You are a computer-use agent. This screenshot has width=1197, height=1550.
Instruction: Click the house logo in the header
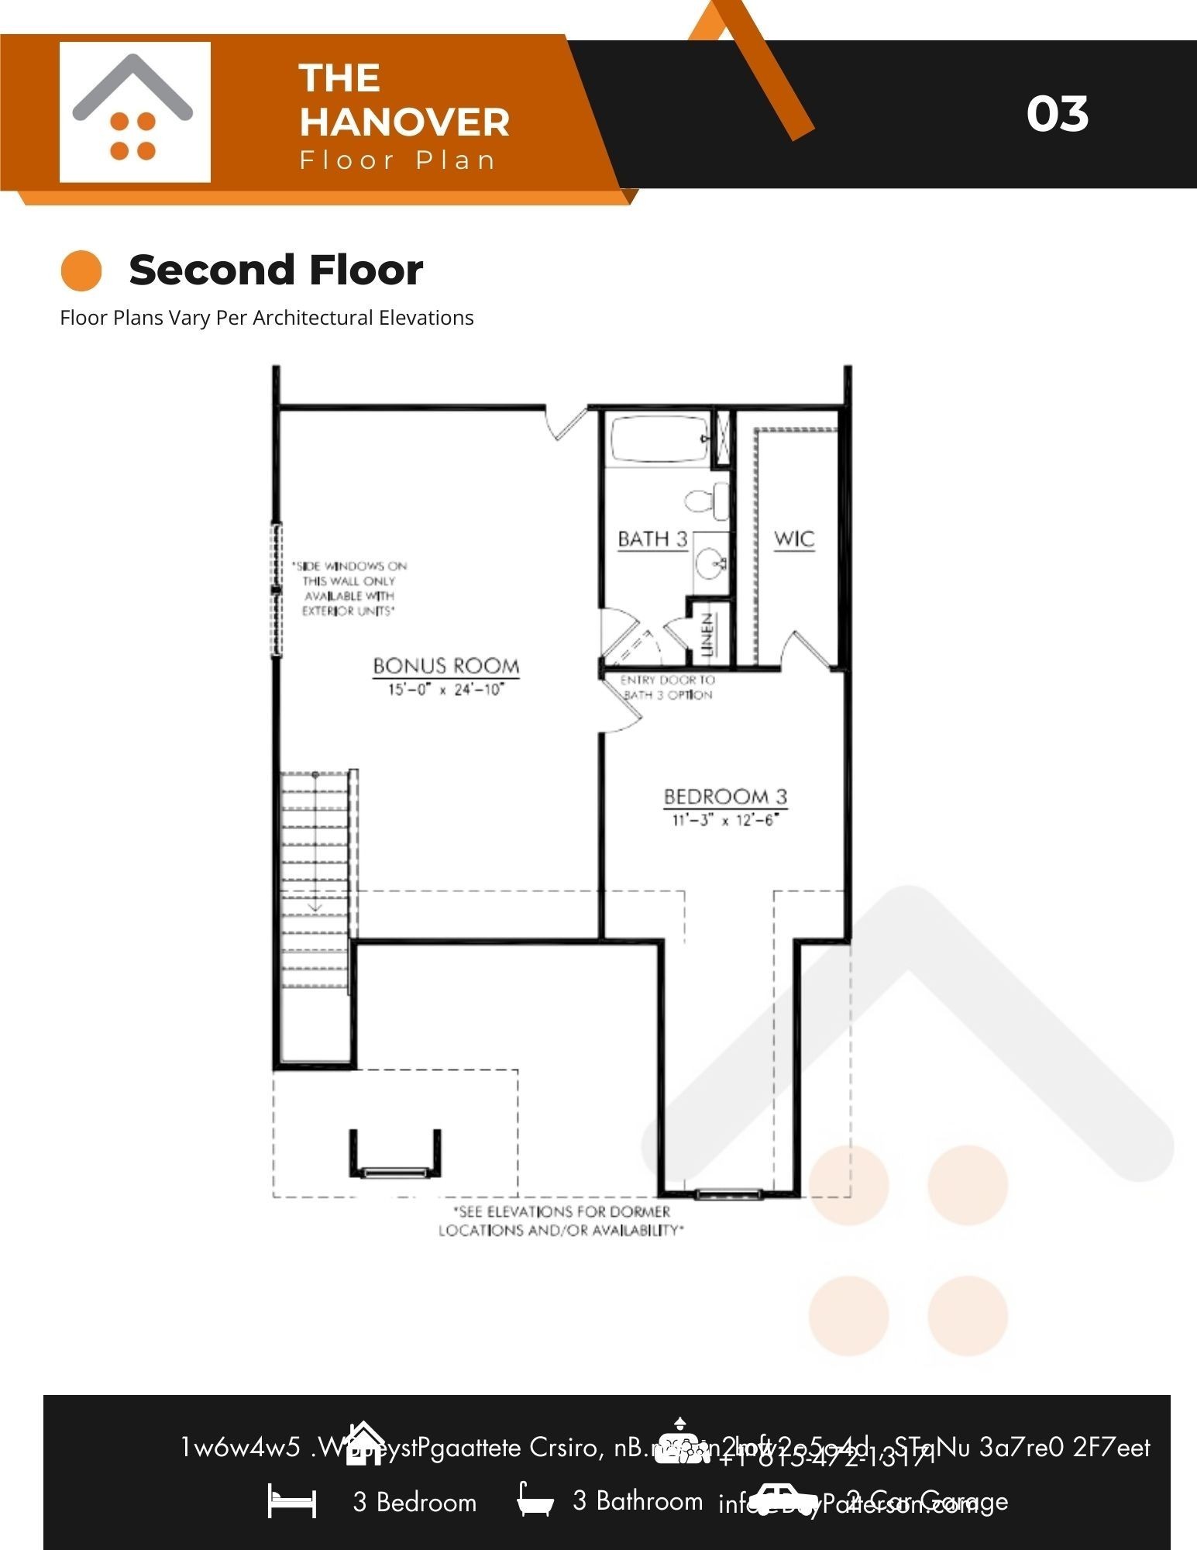tap(134, 112)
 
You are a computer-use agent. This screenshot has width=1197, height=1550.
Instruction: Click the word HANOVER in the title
tap(404, 122)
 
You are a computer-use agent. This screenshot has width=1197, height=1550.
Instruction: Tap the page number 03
tap(1057, 114)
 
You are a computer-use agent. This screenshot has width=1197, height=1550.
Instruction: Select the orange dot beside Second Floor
tap(81, 271)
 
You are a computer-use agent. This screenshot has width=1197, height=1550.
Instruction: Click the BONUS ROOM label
tap(445, 666)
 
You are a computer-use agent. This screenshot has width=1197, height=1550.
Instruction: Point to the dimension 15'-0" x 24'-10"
tap(445, 689)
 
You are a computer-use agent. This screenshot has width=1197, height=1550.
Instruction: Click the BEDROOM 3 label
tap(725, 797)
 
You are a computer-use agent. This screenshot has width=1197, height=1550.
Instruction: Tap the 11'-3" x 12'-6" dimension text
tap(724, 820)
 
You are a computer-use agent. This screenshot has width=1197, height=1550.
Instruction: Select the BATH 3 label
tap(652, 539)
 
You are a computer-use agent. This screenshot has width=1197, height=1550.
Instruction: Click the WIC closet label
tap(794, 539)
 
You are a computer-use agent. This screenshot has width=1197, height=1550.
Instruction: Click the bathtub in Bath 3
tap(659, 439)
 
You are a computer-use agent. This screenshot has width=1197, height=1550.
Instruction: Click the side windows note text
tap(349, 588)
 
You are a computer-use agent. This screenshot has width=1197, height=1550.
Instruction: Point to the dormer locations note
tap(561, 1221)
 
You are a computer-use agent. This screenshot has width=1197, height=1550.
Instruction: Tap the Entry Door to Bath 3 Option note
tap(667, 687)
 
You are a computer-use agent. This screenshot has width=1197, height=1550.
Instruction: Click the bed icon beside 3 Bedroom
tap(292, 1501)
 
